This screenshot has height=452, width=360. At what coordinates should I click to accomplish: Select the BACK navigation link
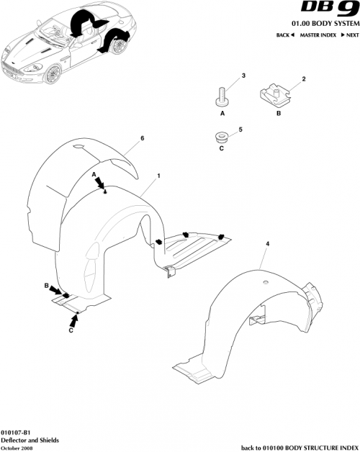286,35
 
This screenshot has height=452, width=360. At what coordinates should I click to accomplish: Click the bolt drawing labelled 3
222,96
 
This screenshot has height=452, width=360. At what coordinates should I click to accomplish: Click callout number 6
143,137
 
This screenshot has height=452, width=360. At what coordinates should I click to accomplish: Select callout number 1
158,175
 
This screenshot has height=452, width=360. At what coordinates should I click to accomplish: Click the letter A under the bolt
222,113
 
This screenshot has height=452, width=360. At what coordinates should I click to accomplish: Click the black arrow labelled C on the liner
74,317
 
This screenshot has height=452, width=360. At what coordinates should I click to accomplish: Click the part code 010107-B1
17,430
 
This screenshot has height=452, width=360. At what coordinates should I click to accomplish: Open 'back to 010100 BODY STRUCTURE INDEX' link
297,446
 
